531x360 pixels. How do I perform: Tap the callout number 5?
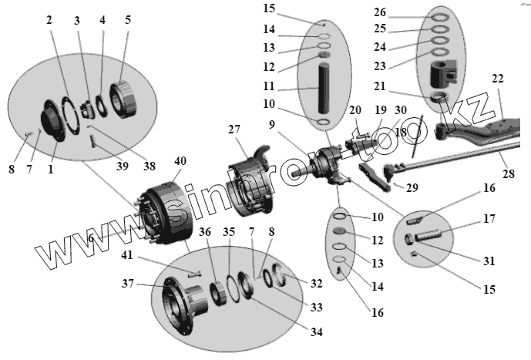(127, 20)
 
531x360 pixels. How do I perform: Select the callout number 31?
(488, 261)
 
